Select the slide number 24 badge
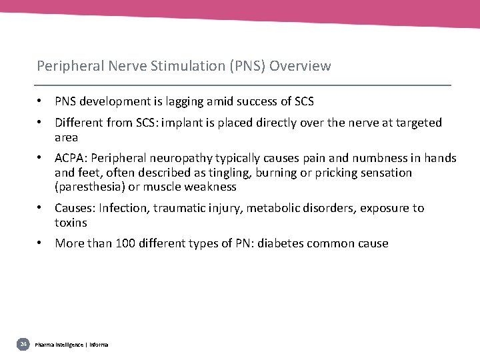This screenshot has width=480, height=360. click(x=23, y=344)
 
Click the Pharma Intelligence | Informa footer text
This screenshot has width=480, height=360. click(x=71, y=345)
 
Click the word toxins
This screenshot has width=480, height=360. click(x=71, y=223)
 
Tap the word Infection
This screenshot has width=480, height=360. click(x=123, y=208)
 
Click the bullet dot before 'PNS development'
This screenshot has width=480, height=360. click(x=41, y=101)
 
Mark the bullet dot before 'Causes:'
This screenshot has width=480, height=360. click(x=41, y=207)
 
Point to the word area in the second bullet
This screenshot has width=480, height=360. click(x=66, y=137)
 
